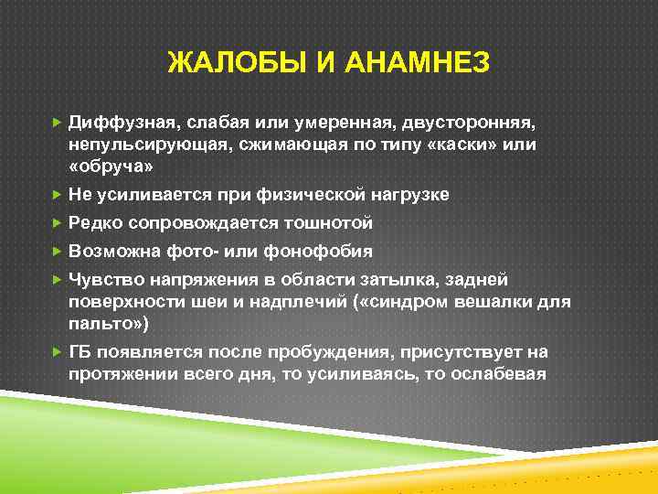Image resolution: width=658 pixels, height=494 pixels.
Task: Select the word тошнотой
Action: click(x=326, y=223)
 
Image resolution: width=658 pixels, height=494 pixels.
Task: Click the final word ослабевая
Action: click(x=494, y=374)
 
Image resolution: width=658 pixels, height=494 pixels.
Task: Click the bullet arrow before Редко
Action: click(x=58, y=223)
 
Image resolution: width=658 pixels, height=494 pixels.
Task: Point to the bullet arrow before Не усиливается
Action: click(x=58, y=195)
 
